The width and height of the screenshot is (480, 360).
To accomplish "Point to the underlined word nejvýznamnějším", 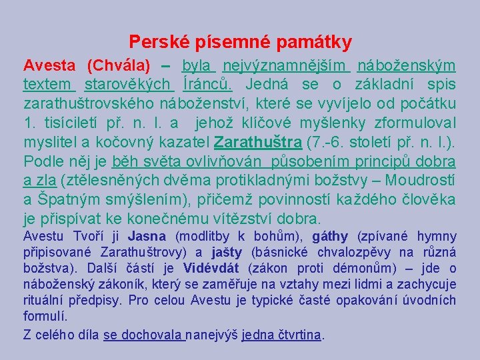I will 285,66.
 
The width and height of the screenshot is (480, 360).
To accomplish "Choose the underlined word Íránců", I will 207,85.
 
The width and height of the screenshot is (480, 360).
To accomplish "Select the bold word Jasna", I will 146,236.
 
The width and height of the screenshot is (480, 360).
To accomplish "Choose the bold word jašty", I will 227,252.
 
